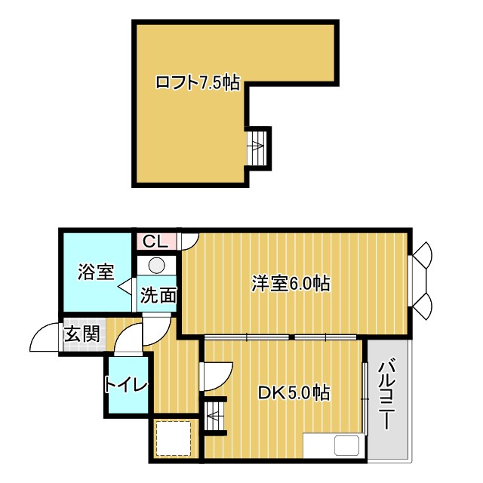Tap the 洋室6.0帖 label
pyautogui.click(x=291, y=284)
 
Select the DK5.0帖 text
pyautogui.click(x=294, y=393)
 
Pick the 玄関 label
pyautogui.click(x=81, y=334)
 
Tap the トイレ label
pyautogui.click(x=126, y=385)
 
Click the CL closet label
pyautogui.click(x=155, y=241)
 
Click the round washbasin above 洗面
pyautogui.click(x=157, y=266)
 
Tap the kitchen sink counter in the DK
pyautogui.click(x=334, y=445)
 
